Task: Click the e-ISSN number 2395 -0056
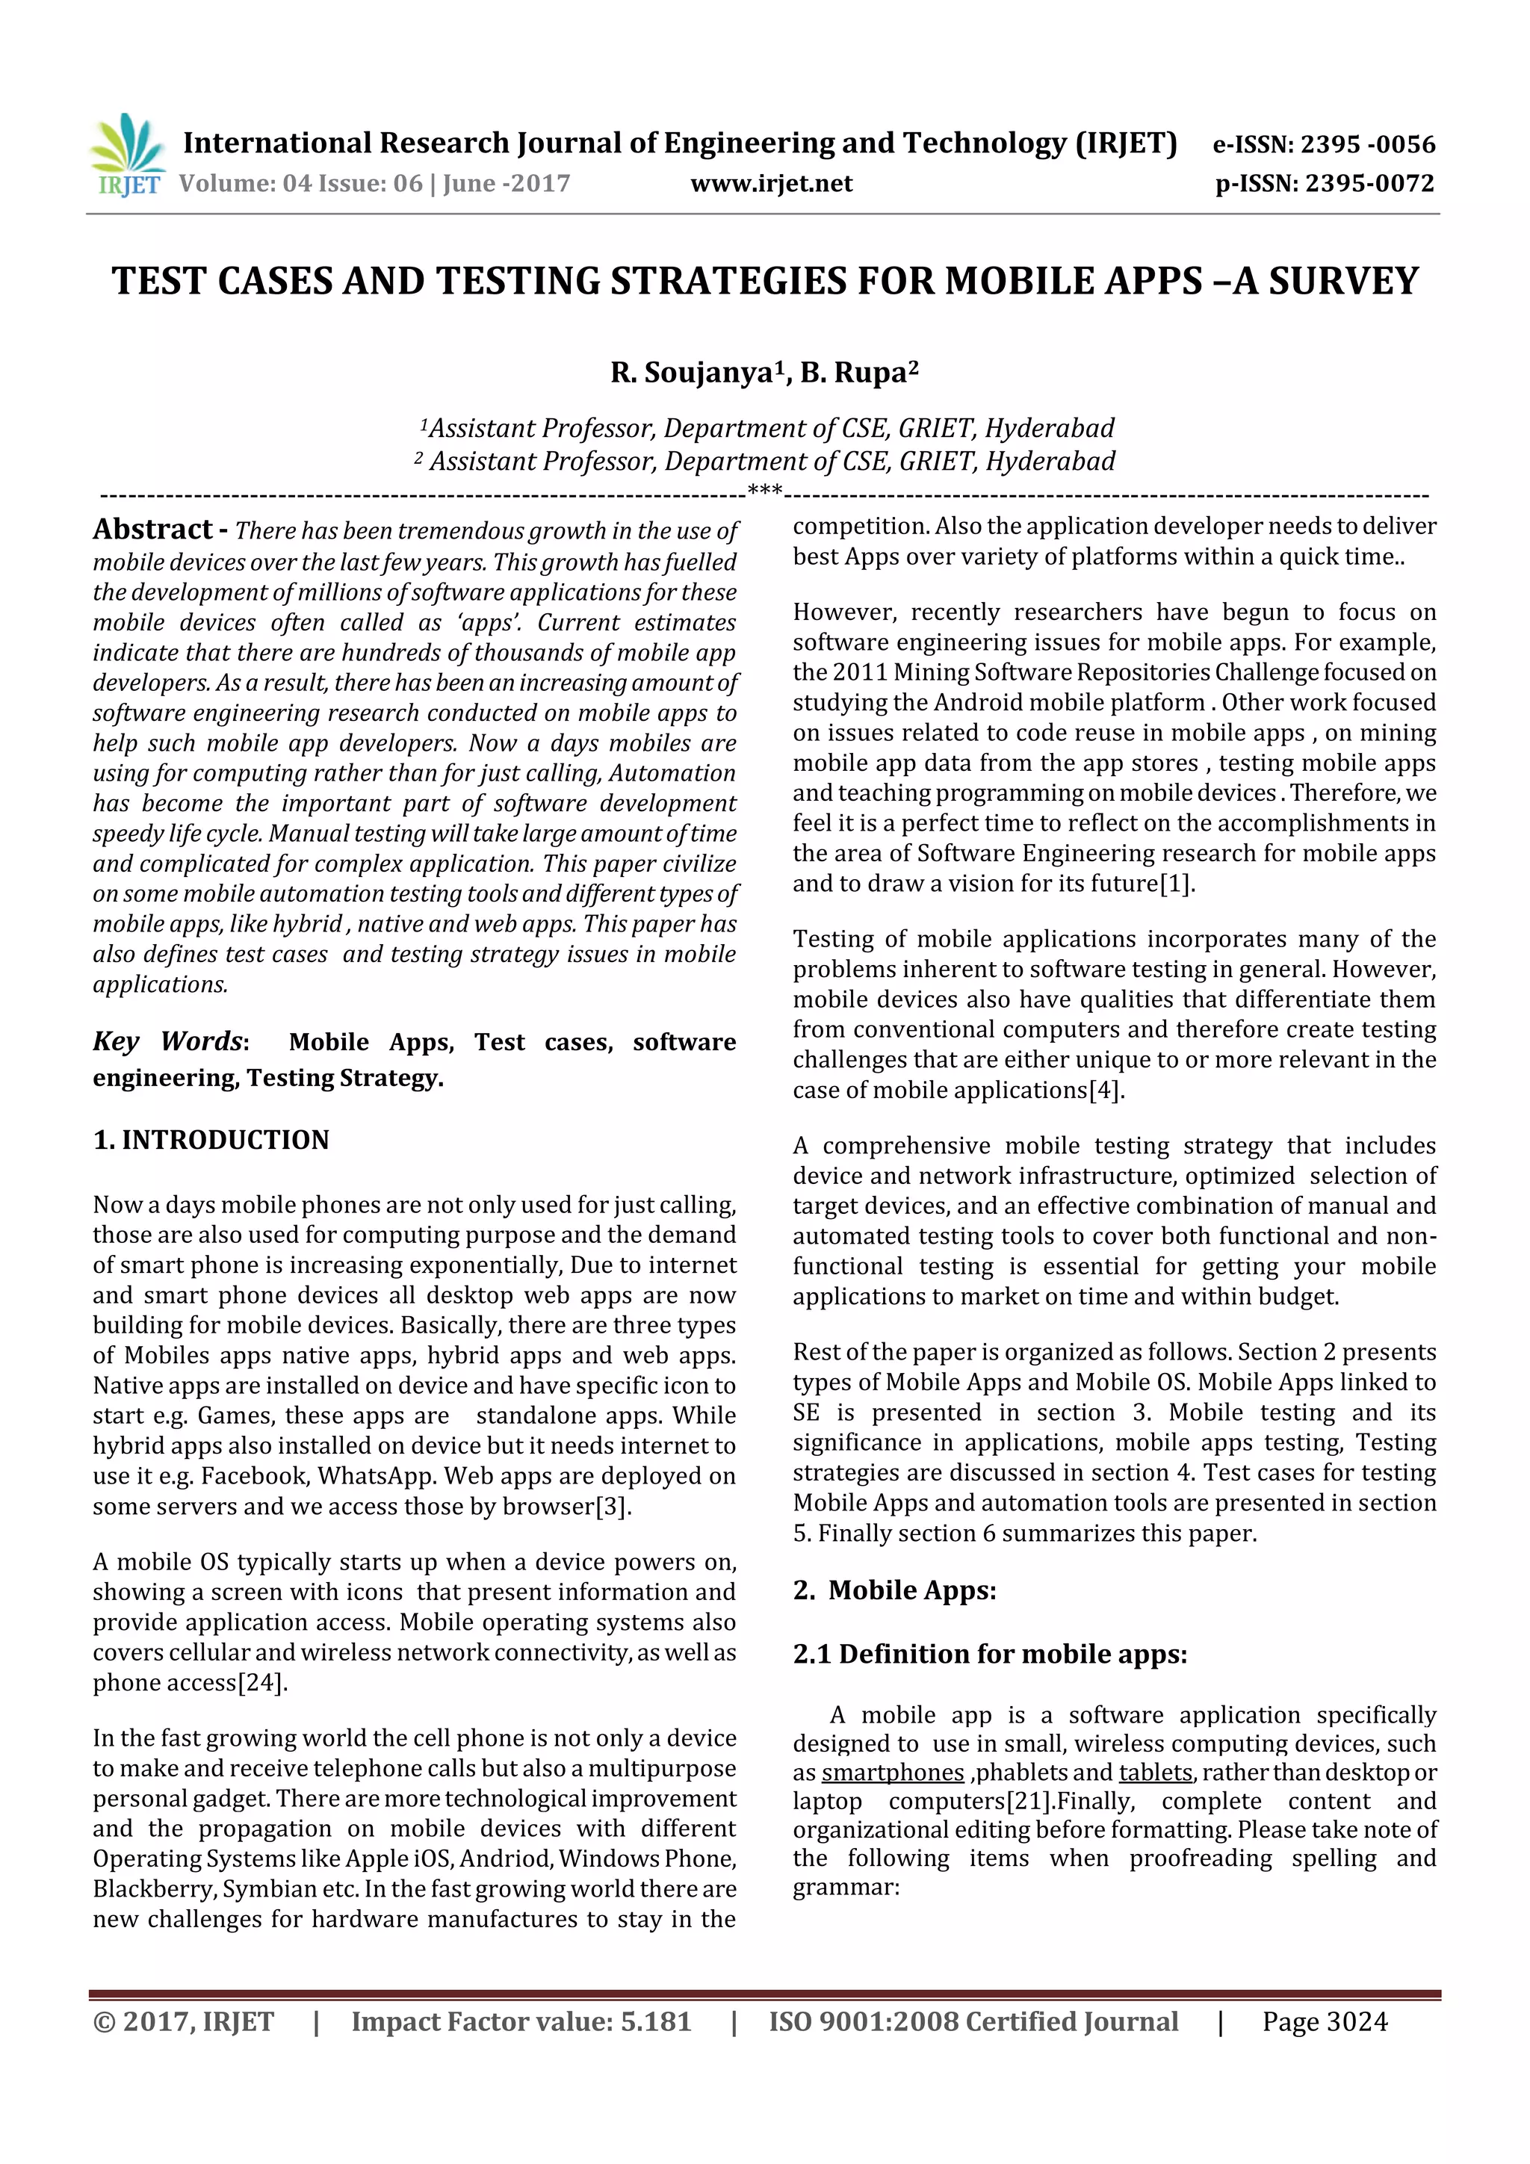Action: (x=1367, y=144)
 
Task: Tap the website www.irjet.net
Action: (x=770, y=183)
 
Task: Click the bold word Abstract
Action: (x=152, y=529)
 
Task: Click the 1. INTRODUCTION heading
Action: (x=211, y=1139)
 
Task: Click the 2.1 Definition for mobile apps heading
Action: (x=989, y=1654)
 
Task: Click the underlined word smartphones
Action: (x=892, y=1773)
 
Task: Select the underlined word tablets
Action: (x=1156, y=1773)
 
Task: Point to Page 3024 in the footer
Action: (x=1325, y=2021)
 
